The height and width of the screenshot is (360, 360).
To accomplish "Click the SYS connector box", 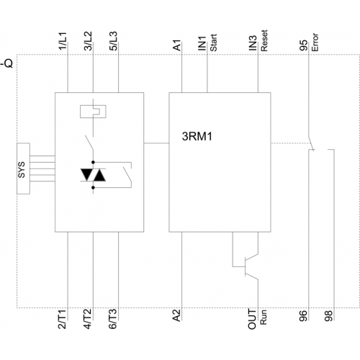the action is point(23,168).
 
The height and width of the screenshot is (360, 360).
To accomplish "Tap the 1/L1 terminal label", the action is point(63,41).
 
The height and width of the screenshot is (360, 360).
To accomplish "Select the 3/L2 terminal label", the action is point(88,41).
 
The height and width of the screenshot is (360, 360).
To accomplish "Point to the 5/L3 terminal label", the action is point(113,41).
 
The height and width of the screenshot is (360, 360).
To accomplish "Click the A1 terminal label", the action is point(177,45).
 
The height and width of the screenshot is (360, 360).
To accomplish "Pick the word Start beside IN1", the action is point(213,42).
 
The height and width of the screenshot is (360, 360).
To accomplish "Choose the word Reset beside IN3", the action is point(264,40).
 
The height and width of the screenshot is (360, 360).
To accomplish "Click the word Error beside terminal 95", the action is point(315,42).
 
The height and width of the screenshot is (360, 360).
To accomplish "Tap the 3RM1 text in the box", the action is point(197,136).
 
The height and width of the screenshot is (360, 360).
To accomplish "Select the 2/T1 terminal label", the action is point(63,319).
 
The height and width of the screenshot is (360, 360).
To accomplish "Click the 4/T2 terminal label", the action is point(88,319).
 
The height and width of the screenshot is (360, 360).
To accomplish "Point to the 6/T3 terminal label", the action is point(113,319).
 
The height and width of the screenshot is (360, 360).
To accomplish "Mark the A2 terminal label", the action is point(176,315).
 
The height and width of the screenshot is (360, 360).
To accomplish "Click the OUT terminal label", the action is point(252,319).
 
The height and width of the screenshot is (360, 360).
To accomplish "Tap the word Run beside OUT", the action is point(264,318).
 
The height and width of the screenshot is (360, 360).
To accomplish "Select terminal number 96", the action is point(303,316).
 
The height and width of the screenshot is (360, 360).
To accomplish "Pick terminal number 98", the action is point(328,316).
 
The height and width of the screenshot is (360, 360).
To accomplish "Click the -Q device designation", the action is point(7,63).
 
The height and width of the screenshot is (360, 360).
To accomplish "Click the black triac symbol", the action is point(93,175).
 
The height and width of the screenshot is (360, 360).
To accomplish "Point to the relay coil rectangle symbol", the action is point(93,112).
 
